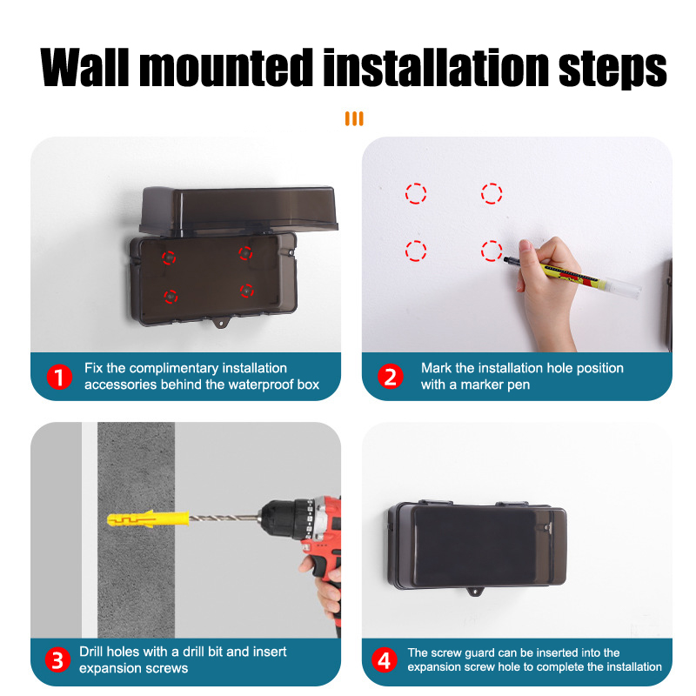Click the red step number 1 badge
tap(59, 377)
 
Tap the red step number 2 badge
tap(390, 377)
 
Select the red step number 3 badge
tap(57, 659)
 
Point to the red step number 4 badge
tap(384, 659)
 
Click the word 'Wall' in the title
tap(84, 67)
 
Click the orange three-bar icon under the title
tap(354, 118)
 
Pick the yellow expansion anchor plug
tap(148, 519)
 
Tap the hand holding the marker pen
tap(548, 289)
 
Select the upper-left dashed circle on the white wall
tap(416, 193)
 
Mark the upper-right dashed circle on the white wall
tap(492, 193)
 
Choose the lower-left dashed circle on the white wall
tap(416, 251)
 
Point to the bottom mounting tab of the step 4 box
tap(475, 592)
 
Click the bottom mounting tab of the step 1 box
tap(221, 322)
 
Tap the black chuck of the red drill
tap(285, 518)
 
